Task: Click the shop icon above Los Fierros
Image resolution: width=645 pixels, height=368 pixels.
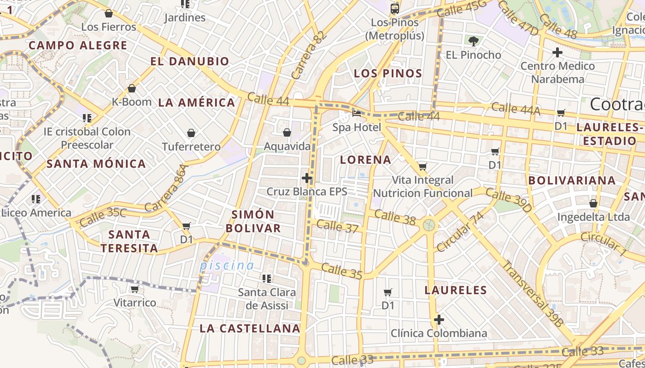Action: [109, 13]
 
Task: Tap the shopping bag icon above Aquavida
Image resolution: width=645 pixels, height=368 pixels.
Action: [287, 132]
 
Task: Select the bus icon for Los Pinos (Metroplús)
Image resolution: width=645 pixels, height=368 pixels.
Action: [395, 8]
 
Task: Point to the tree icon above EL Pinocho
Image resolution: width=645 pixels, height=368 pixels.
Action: [473, 41]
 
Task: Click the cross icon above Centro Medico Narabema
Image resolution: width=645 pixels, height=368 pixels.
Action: [557, 52]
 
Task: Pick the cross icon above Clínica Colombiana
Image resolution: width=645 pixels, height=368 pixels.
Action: [439, 319]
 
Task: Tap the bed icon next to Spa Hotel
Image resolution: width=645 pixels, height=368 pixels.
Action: [357, 113]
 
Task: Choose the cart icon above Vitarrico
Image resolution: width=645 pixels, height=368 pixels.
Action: [135, 289]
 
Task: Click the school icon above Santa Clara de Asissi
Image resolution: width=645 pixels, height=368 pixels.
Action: [266, 278]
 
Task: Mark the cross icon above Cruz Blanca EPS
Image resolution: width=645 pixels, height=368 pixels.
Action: [307, 178]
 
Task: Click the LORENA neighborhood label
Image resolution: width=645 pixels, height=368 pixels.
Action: [366, 160]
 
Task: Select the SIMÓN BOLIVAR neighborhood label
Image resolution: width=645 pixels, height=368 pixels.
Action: [253, 221]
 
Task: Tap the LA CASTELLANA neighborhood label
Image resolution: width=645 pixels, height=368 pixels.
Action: [250, 328]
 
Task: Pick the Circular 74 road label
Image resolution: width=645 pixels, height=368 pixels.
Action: [460, 231]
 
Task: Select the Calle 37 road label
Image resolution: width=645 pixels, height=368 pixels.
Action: [338, 226]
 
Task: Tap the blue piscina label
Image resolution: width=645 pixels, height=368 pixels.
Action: [227, 265]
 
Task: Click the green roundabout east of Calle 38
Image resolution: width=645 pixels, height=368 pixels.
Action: [429, 225]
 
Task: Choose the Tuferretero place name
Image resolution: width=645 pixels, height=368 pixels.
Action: [191, 147]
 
